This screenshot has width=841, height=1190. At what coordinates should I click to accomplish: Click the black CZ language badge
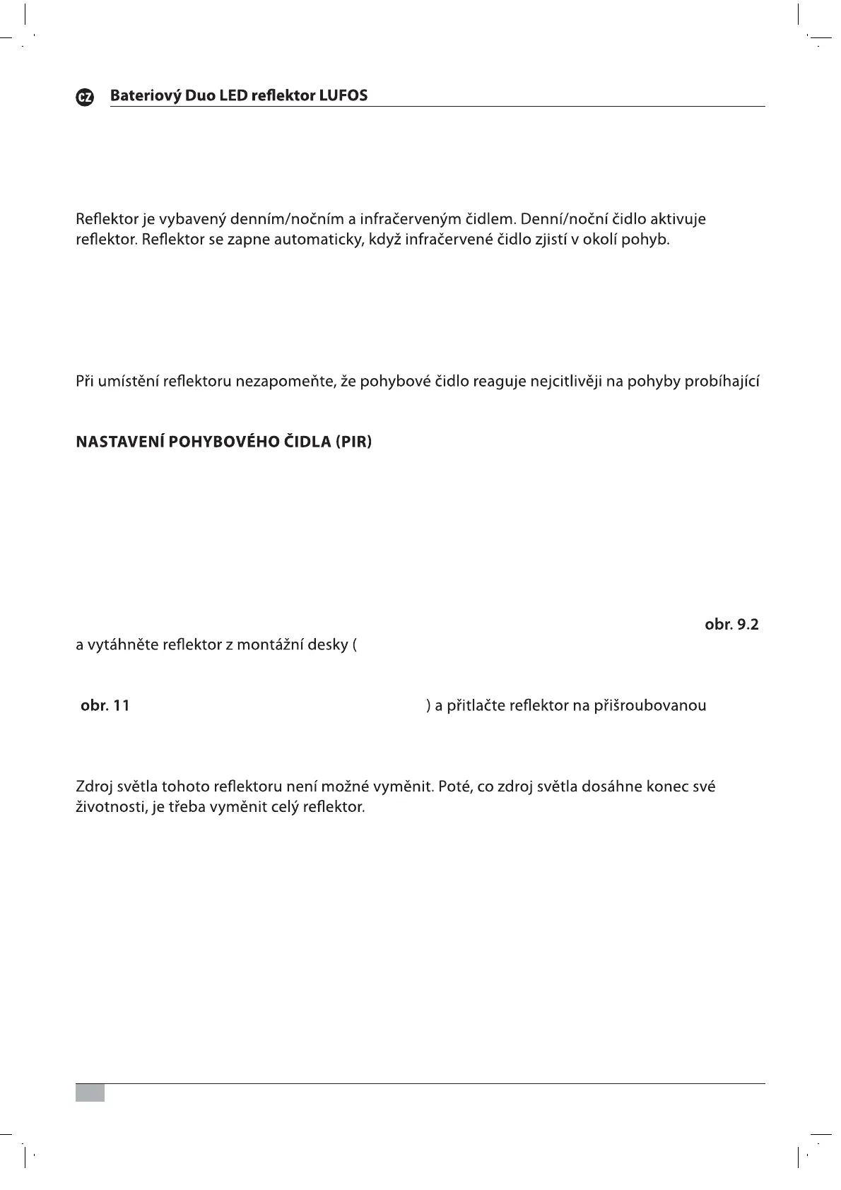point(85,98)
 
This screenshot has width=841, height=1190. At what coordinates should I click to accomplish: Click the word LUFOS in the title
point(343,95)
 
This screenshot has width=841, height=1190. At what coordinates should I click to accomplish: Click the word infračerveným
point(410,219)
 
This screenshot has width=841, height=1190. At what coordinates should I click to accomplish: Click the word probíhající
point(722,382)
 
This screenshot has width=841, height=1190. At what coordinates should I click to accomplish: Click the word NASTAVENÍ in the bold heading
point(120,442)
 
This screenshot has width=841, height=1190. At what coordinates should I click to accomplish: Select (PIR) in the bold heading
point(353,442)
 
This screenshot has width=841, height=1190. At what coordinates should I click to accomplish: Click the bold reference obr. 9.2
point(731,625)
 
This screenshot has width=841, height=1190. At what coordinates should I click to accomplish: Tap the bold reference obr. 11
point(105,705)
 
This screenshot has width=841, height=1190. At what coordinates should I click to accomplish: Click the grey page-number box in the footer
point(90,1092)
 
